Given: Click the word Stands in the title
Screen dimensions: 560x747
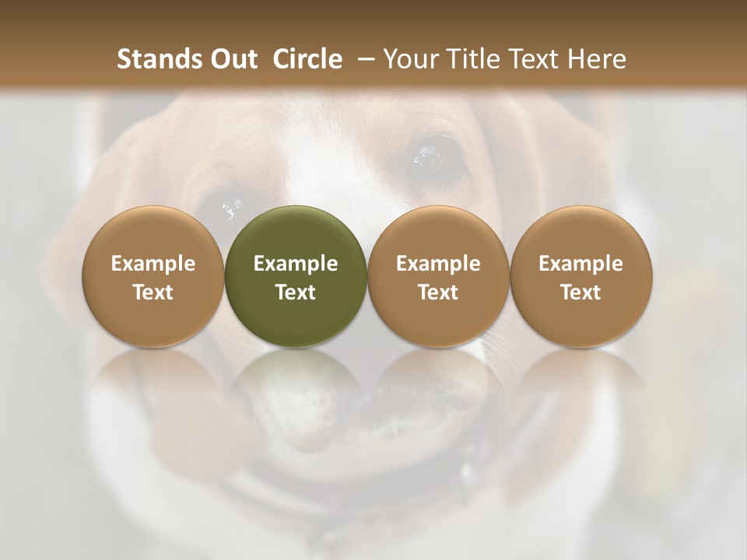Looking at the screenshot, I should (159, 59).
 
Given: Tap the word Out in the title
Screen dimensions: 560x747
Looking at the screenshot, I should (232, 59).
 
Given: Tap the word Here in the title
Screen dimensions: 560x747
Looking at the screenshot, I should (597, 59).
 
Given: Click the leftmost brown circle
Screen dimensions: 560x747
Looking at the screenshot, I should (153, 276).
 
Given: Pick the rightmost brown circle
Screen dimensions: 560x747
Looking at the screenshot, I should (580, 276).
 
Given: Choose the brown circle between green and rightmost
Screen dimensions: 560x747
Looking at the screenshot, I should (438, 276).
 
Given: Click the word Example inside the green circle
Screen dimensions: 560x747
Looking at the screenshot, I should (296, 264).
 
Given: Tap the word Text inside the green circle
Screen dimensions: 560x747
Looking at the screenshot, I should (296, 292).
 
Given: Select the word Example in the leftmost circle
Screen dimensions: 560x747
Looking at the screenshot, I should (153, 264).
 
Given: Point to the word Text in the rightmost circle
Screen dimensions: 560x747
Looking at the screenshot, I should (580, 292).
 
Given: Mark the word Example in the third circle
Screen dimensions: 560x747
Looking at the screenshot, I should (438, 264).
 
